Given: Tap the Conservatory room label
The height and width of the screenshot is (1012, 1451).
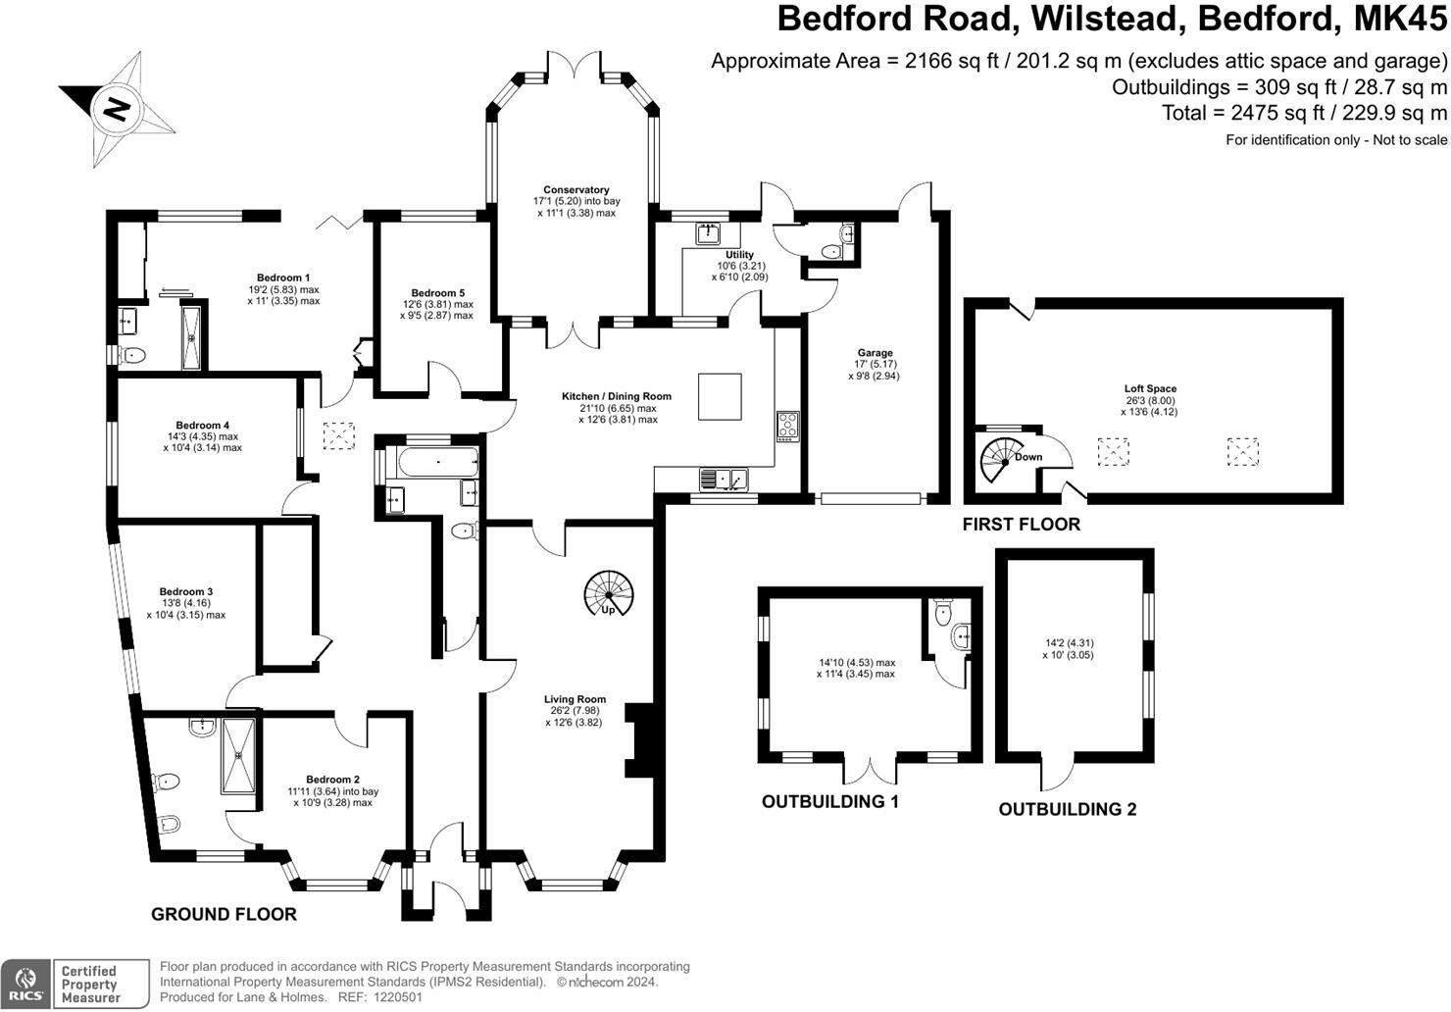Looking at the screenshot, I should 576,190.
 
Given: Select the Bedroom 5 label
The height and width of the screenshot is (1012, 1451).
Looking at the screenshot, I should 437,293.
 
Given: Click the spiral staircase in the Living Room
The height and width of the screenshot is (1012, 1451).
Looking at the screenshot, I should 609,593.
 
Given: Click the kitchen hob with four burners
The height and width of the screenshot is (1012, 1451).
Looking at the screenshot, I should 788,425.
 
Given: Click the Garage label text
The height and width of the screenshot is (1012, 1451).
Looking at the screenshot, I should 875,353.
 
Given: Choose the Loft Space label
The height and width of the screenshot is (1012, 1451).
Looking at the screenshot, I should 1150,389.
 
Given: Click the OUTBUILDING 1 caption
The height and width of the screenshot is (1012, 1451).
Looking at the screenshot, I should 830,802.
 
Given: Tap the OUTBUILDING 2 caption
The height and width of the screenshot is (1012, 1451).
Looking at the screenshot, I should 1068,810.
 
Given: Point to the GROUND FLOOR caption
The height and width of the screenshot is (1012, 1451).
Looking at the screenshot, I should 224,915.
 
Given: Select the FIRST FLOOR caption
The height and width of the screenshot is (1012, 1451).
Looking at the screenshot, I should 1021,525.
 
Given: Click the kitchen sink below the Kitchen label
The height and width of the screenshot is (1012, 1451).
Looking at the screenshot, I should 724,480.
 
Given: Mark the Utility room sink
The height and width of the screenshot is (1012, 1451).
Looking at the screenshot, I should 708,233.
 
